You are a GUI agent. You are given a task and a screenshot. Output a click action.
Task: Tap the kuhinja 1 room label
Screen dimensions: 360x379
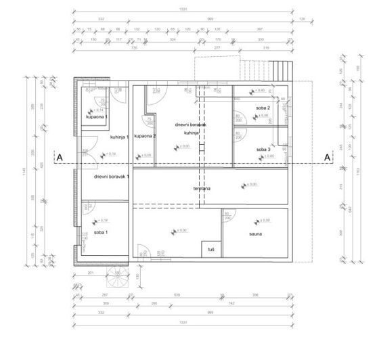[118, 137]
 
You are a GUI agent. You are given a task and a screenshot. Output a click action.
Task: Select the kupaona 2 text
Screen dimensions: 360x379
[146, 136]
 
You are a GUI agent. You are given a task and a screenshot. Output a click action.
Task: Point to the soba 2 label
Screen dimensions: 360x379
[263, 108]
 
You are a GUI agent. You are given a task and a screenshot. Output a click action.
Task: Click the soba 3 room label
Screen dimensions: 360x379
[263, 150]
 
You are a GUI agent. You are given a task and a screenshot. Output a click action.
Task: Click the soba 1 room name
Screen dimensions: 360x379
[101, 233]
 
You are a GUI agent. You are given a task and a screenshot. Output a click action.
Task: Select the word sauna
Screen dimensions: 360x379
[255, 235]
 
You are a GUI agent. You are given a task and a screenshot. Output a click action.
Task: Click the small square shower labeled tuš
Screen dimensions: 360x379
[211, 250]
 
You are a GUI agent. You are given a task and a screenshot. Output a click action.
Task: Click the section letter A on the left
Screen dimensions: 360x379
[60, 158]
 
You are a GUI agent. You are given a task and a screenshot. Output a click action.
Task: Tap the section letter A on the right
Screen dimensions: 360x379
[327, 158]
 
